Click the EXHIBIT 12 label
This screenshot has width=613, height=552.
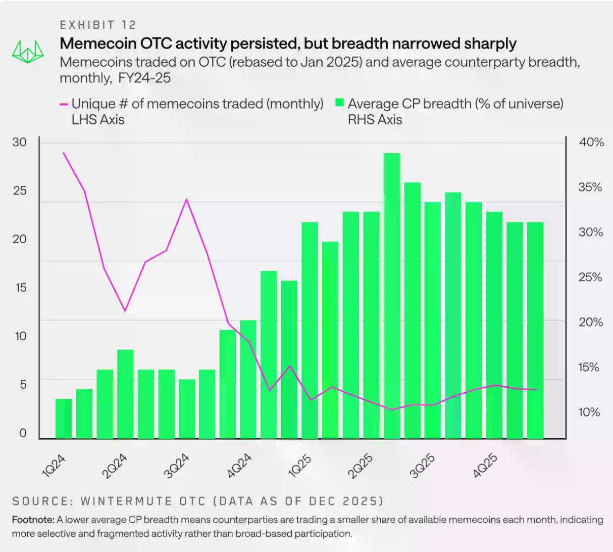point(98,25)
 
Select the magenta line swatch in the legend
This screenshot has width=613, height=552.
point(64,105)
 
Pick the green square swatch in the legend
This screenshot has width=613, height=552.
point(339,104)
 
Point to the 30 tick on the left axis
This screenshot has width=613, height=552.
point(20,142)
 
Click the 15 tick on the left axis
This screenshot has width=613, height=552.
point(20,288)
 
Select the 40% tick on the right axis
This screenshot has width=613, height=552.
point(591,143)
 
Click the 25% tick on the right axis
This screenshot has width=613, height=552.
point(590,278)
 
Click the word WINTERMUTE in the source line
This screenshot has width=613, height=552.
point(143,501)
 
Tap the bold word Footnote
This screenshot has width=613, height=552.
point(33,520)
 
